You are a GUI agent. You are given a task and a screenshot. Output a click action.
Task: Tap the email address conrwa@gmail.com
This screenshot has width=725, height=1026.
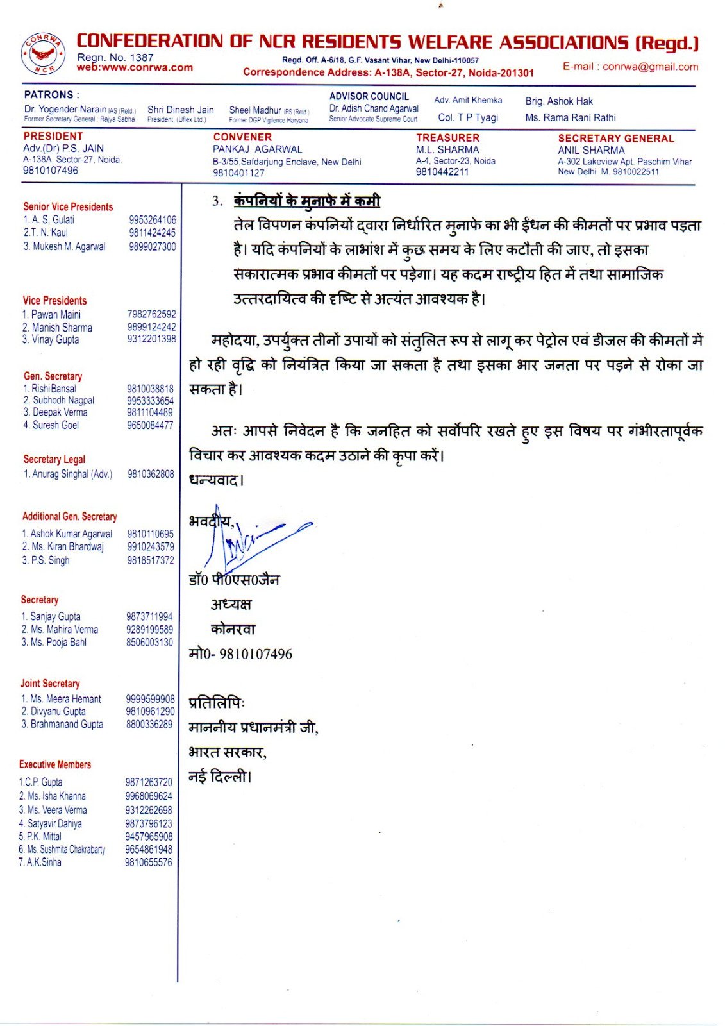coord(630,67)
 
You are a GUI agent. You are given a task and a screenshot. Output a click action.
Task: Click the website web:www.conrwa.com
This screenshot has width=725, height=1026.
coord(135,67)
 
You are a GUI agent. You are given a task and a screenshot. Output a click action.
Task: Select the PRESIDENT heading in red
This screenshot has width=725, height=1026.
coord(53,137)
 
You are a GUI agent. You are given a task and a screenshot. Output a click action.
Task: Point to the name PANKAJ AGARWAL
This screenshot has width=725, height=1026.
coord(257,149)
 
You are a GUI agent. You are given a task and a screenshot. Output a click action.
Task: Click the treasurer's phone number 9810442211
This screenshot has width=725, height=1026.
coord(442,172)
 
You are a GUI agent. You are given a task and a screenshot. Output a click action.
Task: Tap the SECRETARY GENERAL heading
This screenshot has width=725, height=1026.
coord(616,139)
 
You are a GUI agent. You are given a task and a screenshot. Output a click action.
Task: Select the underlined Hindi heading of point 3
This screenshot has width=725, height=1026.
coord(307,201)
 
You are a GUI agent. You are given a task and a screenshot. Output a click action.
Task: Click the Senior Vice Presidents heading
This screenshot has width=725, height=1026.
coord(68,206)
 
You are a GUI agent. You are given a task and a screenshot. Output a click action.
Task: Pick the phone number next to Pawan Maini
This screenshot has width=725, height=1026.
coord(151,314)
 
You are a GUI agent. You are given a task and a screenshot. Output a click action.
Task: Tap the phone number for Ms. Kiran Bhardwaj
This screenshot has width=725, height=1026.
coord(151,547)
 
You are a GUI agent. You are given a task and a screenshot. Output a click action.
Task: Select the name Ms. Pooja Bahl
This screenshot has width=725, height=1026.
coord(58,642)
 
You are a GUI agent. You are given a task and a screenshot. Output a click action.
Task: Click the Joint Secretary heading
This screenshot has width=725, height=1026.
coord(50,684)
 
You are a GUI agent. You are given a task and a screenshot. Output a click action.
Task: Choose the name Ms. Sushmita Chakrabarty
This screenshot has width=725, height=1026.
coord(66,849)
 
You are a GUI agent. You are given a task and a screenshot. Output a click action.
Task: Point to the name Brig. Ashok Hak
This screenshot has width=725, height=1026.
coord(559,101)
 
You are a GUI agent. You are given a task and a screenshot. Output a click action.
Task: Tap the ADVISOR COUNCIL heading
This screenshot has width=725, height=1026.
coord(369,96)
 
